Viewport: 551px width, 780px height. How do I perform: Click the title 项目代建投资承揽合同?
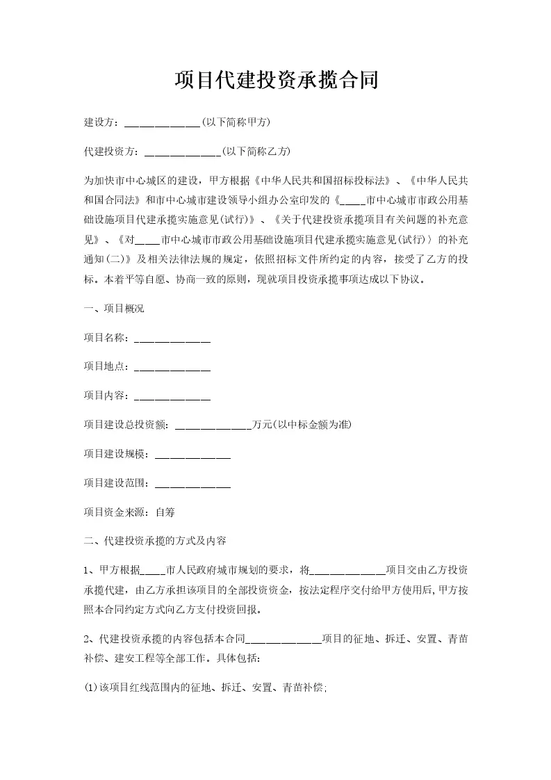[x=276, y=80]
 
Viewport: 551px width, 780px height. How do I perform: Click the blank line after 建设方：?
[x=162, y=123]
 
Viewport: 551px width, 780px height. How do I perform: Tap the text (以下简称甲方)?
[x=236, y=122]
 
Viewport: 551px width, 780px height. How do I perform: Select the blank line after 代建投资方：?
[x=182, y=152]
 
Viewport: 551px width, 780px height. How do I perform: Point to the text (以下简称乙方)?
[x=256, y=151]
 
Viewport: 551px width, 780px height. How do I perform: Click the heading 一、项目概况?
[x=114, y=309]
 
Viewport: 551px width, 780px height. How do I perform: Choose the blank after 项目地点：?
[x=172, y=368]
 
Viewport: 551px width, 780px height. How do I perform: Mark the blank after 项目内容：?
[x=172, y=397]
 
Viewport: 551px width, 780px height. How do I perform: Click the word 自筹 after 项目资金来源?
[x=165, y=512]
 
